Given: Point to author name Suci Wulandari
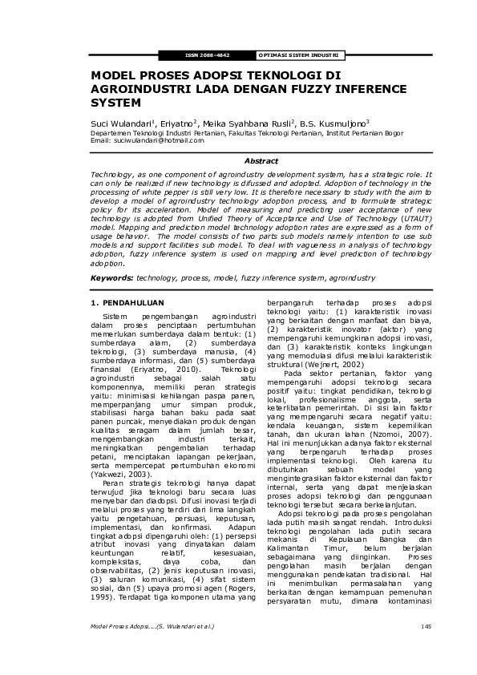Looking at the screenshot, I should click(119, 123).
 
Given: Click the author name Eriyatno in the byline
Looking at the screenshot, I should click(177, 123).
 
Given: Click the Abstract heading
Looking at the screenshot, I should click(238, 161).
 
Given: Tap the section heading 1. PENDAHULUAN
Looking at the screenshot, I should click(127, 302).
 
